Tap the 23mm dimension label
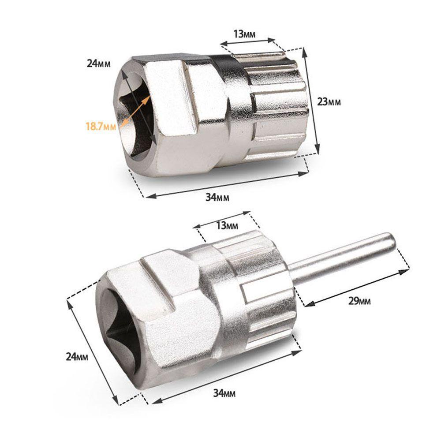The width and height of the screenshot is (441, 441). click(329, 102)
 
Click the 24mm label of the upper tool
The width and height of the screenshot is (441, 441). click(98, 63)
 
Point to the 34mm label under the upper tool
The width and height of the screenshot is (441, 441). click(217, 198)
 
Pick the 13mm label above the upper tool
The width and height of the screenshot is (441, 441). click(244, 34)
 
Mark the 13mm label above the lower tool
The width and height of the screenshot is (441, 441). click(227, 226)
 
